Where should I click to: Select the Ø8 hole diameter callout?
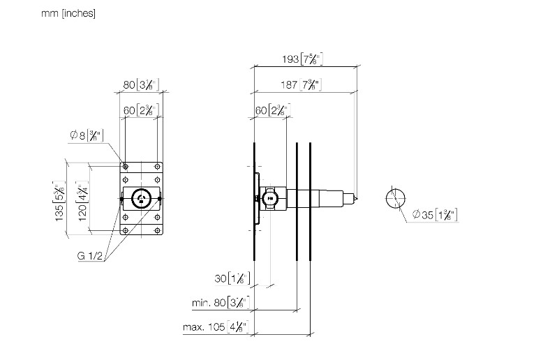87,135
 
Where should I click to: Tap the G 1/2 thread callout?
91,256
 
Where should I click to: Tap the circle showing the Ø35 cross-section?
396,198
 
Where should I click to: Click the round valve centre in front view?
142,199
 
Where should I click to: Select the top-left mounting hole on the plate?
126,167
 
